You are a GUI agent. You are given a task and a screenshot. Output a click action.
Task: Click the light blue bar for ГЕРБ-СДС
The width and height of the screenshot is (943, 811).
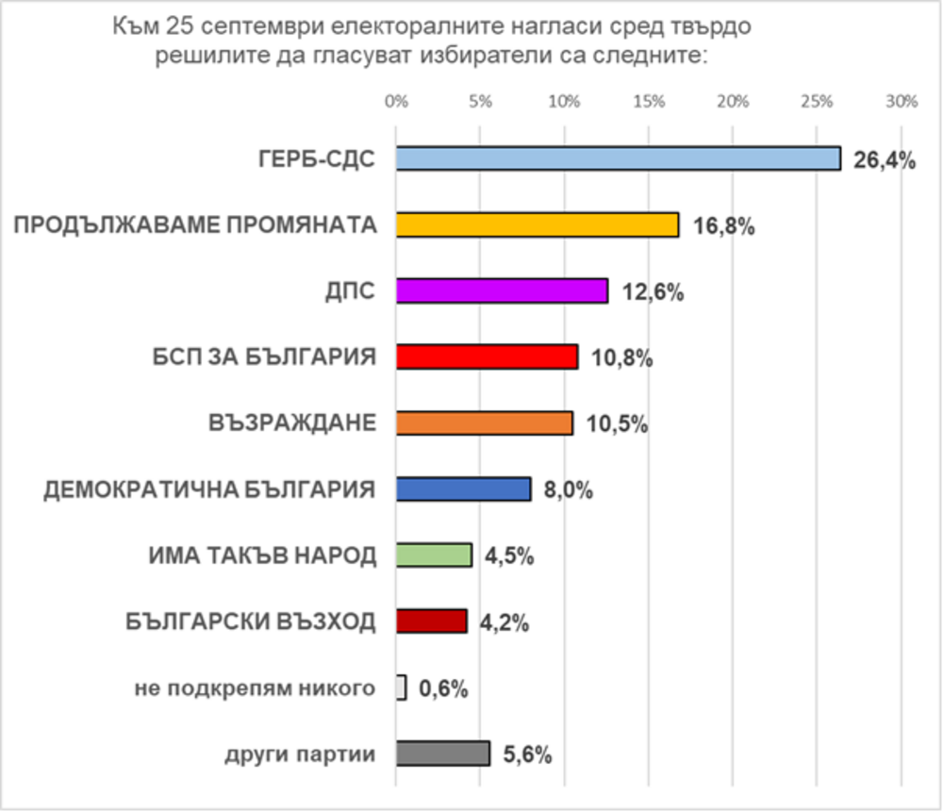(618, 158)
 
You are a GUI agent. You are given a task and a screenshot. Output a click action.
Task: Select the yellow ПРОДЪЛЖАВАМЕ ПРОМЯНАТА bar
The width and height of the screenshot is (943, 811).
(538, 224)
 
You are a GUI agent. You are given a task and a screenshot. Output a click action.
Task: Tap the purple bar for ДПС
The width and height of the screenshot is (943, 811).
(502, 290)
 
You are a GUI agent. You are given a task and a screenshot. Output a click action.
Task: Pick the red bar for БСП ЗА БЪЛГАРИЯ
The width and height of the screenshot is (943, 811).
(487, 356)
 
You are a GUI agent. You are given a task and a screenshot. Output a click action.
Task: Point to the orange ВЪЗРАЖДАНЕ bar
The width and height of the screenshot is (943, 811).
(484, 423)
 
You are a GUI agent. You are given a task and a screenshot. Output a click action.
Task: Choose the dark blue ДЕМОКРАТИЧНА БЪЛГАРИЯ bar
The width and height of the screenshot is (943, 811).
(463, 489)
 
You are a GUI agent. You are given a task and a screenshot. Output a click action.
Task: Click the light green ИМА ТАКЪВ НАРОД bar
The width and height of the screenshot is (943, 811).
(434, 555)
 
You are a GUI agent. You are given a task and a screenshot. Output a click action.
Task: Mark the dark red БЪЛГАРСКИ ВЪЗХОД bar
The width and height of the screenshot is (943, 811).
(431, 621)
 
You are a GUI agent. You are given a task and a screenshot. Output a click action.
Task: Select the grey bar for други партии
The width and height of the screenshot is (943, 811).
(443, 753)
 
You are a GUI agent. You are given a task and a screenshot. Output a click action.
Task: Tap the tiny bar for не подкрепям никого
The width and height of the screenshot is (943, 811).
(402, 687)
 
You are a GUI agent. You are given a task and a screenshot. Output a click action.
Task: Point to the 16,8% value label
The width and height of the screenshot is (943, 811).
(724, 226)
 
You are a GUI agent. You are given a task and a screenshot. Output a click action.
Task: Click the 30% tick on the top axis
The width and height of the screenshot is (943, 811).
(902, 102)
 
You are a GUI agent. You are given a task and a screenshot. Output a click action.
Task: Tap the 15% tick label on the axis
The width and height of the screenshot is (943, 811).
(649, 102)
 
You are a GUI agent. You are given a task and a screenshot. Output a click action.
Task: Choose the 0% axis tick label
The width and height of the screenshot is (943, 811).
(396, 102)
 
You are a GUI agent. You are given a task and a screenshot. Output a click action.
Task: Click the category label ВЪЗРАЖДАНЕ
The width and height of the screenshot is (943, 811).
(292, 423)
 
